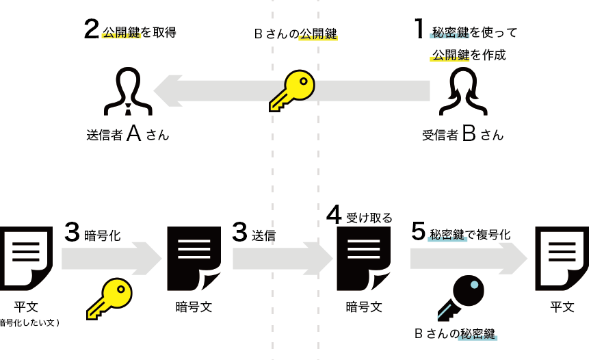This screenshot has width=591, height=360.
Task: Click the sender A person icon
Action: pos(127,91)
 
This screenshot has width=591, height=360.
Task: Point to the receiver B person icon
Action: pos(463,91)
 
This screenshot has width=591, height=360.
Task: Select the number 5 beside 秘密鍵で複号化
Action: pos(419,231)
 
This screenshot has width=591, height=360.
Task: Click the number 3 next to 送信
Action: pos(239,231)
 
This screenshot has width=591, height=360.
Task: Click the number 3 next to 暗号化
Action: pos(73,231)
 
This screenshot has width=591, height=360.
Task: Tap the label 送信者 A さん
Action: pos(127,134)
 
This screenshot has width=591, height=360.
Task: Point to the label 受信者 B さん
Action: pos(463,134)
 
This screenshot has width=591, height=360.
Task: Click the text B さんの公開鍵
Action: pos(295,33)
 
